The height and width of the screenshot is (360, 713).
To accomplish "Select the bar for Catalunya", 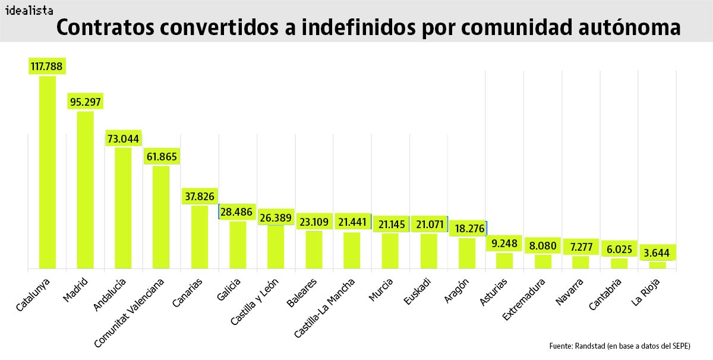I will pyautogui.click(x=48, y=172).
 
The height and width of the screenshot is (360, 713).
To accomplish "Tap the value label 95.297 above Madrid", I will pyautogui.click(x=85, y=102).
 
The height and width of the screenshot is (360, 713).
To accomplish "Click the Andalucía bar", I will pyautogui.click(x=123, y=208).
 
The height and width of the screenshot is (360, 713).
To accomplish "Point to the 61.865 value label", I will pyautogui.click(x=161, y=156).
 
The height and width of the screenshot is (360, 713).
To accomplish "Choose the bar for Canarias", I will pyautogui.click(x=199, y=236).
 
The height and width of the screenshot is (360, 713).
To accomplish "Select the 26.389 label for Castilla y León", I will pyautogui.click(x=275, y=218).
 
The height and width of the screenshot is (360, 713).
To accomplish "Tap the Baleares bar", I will pyautogui.click(x=314, y=250).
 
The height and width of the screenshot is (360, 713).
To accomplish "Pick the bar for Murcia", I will pyautogui.click(x=390, y=251).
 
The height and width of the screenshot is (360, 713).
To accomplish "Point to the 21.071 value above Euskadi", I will pyautogui.click(x=428, y=224).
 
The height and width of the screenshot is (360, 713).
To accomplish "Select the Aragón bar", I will pyautogui.click(x=467, y=253).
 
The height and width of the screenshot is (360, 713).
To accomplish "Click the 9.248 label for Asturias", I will pyautogui.click(x=504, y=243).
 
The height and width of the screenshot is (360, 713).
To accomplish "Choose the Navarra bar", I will pyautogui.click(x=581, y=262).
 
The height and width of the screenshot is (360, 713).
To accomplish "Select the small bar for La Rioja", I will pyautogui.click(x=657, y=265).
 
